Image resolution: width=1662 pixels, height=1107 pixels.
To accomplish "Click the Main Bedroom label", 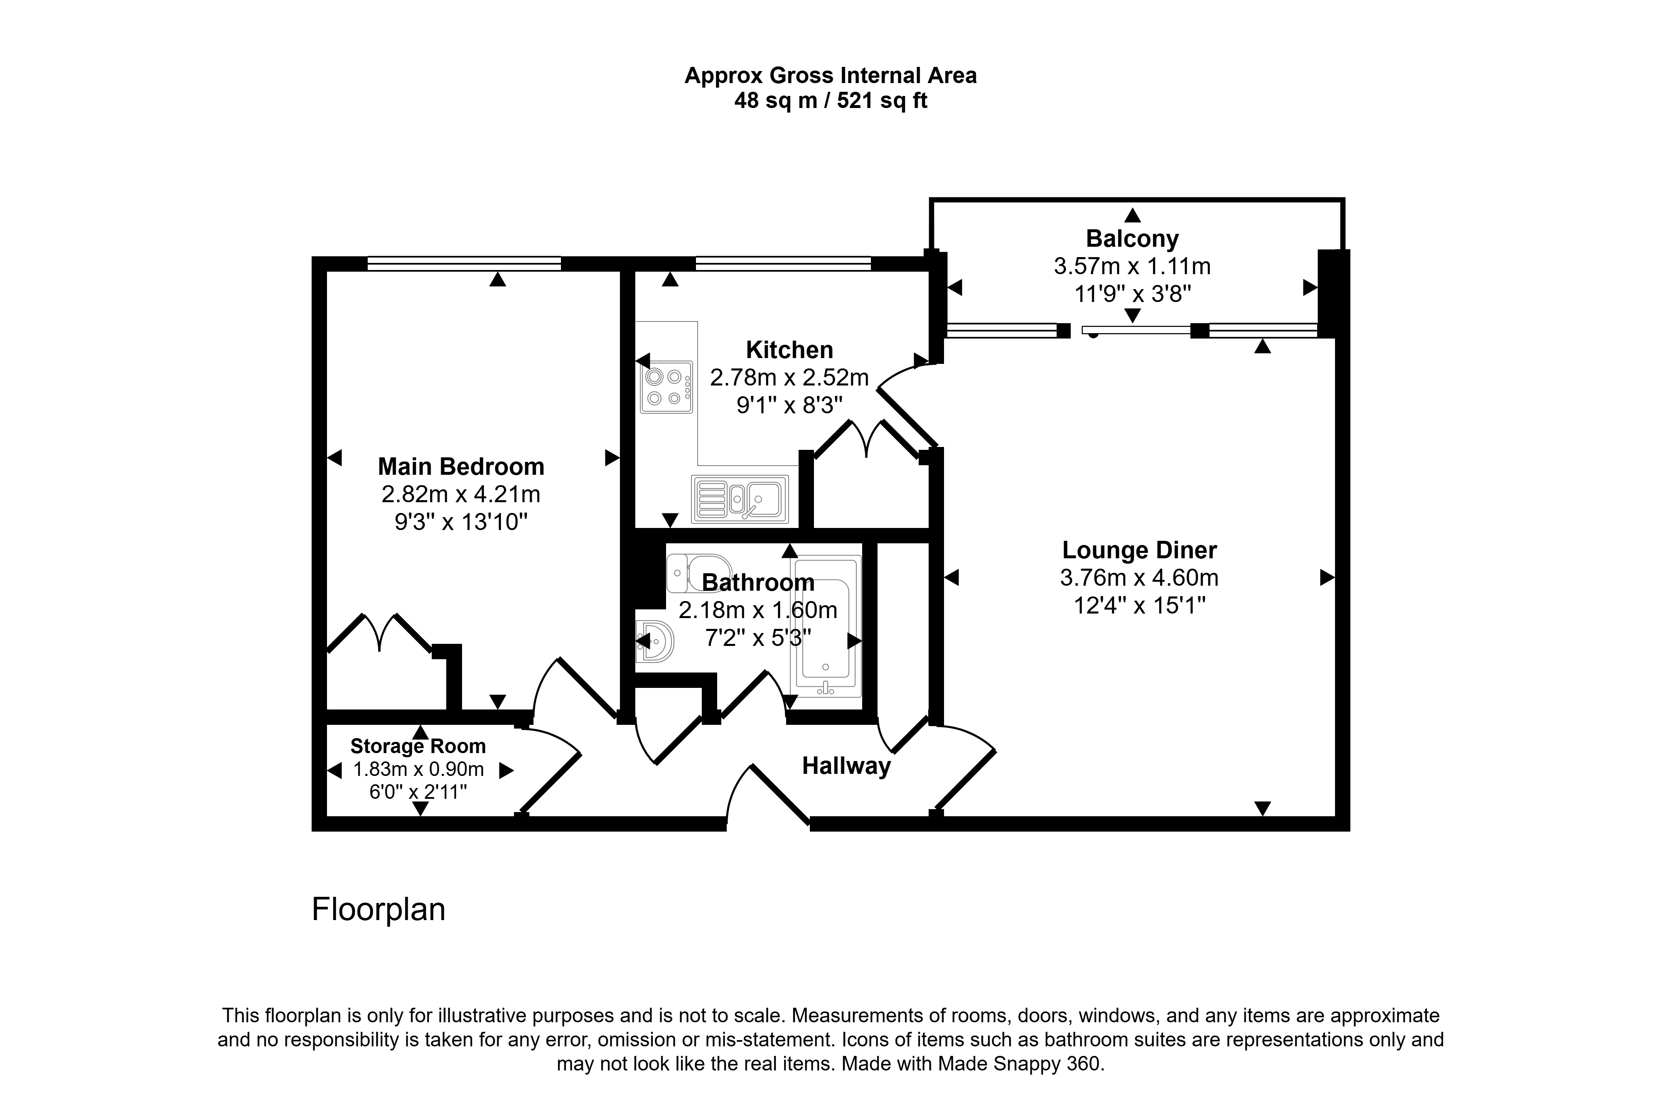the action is coord(461,466).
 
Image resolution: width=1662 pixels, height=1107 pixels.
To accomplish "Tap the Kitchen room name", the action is coord(789,350).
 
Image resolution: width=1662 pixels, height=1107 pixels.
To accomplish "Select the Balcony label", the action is coord(1132,239).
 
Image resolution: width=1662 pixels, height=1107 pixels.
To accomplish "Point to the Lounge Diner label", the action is coord(1140,550).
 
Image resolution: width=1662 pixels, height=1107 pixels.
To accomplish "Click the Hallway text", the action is coord(846,766).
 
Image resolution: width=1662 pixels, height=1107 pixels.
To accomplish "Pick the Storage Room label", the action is coord(418,746).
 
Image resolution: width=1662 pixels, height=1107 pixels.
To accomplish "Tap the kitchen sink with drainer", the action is coord(739,499).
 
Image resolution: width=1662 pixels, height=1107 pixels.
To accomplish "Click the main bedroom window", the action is coord(464,263).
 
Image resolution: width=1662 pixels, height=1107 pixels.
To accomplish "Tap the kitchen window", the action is coord(783,263).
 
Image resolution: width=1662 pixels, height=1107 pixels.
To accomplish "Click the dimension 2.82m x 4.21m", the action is coord(461,494).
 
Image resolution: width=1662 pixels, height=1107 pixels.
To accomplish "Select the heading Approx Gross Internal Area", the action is coord(830,76).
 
